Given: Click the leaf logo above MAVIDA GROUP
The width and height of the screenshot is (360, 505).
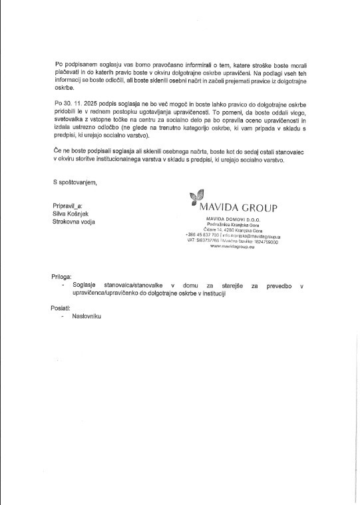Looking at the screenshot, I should pyautogui.click(x=196, y=197).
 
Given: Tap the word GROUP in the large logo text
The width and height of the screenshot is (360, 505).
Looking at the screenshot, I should pyautogui.click(x=259, y=208).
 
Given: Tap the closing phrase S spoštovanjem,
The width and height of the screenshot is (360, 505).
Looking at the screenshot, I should pyautogui.click(x=75, y=182).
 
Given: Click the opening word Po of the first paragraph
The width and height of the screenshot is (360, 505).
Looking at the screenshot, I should pyautogui.click(x=58, y=64).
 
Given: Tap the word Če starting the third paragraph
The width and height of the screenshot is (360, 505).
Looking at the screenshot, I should pyautogui.click(x=57, y=152).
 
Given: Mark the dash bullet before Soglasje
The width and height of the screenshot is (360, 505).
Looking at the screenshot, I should pyautogui.click(x=62, y=284).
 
